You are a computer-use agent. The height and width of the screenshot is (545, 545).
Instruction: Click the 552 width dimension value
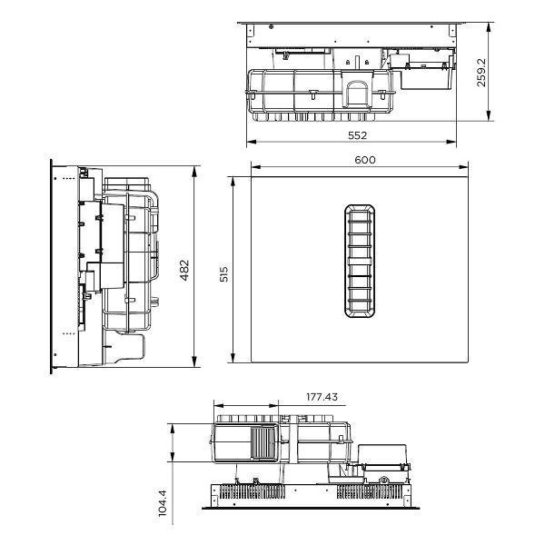[357, 135]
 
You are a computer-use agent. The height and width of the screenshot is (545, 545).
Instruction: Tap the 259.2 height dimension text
[481, 73]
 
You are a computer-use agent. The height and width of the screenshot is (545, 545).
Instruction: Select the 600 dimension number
[365, 160]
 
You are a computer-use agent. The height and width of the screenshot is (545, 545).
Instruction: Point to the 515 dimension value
[224, 274]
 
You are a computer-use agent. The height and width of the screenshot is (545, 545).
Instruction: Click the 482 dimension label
[184, 270]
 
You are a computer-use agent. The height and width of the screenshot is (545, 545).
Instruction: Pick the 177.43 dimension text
[322, 397]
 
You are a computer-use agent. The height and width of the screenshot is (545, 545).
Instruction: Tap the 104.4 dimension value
[163, 503]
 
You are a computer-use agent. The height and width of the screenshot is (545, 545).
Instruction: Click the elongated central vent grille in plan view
[360, 261]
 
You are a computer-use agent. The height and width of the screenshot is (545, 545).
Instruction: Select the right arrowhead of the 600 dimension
[463, 167]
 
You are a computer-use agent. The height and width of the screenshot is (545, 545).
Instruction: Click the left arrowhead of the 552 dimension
[252, 142]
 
